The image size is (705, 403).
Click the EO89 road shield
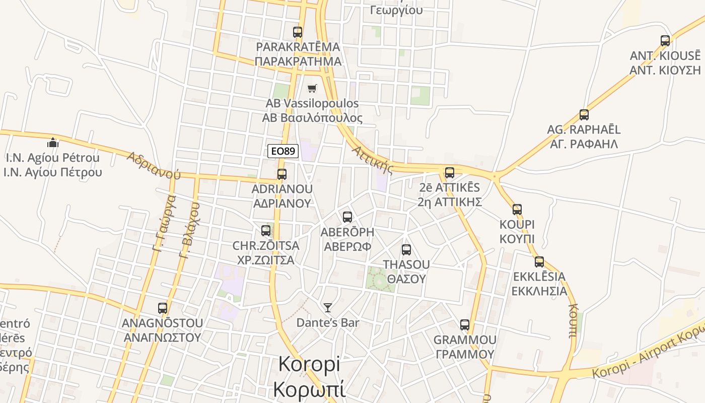(x=283, y=151)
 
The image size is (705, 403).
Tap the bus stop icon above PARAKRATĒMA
(x=298, y=32)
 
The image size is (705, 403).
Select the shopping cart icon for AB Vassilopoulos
(x=312, y=89)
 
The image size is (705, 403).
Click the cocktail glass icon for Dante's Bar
(x=328, y=307)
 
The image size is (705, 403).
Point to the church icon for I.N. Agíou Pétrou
(x=53, y=143)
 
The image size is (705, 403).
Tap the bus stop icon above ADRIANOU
(x=282, y=174)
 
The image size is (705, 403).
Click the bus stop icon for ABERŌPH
(x=347, y=217)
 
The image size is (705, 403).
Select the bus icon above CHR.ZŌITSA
(x=266, y=231)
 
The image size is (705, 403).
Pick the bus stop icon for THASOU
(x=406, y=250)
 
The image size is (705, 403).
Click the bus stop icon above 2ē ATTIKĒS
(x=450, y=173)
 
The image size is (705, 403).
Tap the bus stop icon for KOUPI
(x=517, y=210)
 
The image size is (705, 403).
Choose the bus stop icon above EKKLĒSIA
(x=539, y=262)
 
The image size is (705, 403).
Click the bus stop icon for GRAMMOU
(x=465, y=325)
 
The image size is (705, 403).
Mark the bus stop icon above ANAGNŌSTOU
(x=163, y=308)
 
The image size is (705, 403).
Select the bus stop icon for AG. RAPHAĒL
(x=584, y=115)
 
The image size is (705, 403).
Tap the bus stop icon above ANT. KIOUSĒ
(x=665, y=41)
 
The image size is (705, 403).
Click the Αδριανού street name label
(x=154, y=165)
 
